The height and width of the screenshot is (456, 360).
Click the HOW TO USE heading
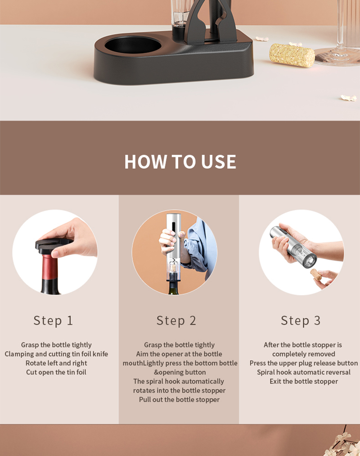(x=180, y=162)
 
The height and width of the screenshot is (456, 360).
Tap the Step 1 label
(x=53, y=321)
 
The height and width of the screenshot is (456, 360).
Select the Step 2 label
(x=176, y=321)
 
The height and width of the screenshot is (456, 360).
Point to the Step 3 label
(x=301, y=321)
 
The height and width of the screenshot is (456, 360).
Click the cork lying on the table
(x=292, y=55)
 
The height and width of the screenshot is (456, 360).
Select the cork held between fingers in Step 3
(x=316, y=275)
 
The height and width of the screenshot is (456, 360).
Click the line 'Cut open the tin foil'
(x=56, y=372)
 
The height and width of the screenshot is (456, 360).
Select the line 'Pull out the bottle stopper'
(x=179, y=400)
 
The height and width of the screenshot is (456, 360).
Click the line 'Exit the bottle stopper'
(x=304, y=381)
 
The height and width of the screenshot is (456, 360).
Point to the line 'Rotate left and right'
(x=56, y=363)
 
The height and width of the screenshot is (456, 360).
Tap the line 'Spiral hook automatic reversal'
(x=304, y=372)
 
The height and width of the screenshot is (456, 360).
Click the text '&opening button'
(x=180, y=372)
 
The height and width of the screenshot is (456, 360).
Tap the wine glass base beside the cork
(x=337, y=57)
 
